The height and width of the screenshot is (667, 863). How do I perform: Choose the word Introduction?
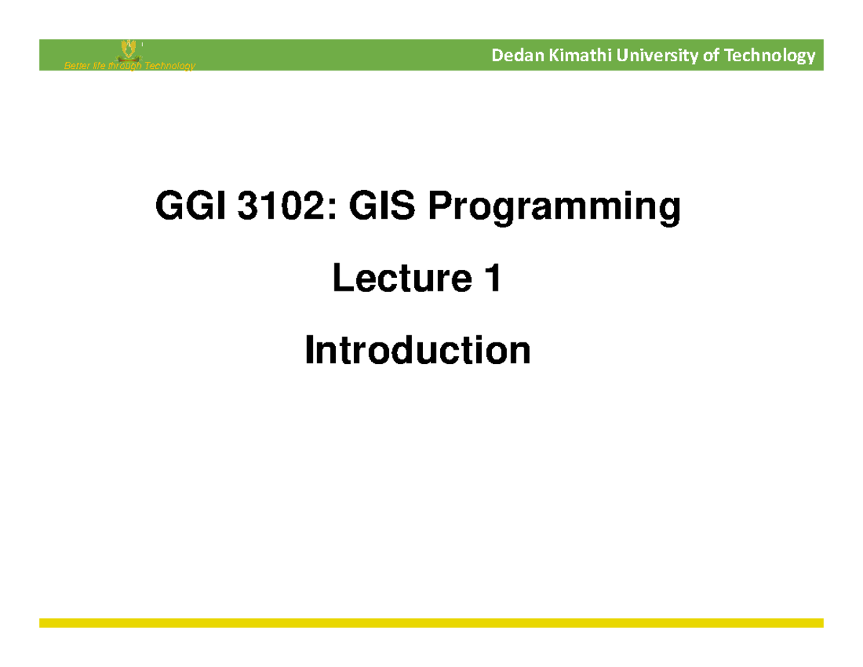[418, 350]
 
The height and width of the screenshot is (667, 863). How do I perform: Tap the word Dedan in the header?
[511, 56]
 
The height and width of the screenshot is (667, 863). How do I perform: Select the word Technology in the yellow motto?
[168, 67]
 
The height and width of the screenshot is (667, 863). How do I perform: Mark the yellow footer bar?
[431, 622]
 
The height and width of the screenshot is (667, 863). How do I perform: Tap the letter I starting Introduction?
[310, 350]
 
